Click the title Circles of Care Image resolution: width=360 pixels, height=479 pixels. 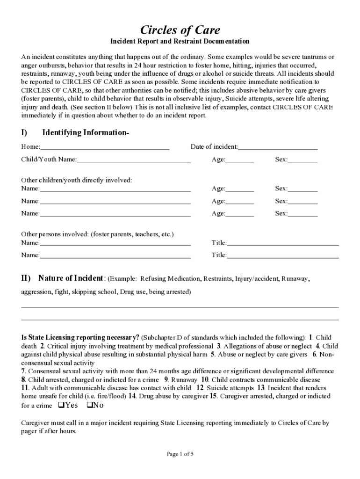(180, 30)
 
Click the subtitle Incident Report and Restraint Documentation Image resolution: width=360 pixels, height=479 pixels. (180, 42)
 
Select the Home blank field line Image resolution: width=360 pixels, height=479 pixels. (104, 147)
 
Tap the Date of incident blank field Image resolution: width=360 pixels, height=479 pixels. (278, 147)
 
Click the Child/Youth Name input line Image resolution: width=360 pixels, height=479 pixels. (134, 160)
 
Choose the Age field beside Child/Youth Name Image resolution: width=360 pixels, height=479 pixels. (240, 160)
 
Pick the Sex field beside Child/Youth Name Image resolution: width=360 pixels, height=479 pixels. (302, 160)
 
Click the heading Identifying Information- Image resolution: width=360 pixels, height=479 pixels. (86, 133)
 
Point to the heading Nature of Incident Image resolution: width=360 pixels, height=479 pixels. (71, 278)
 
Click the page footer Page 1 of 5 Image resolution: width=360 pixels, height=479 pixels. (180, 454)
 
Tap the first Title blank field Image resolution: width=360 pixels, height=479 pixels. (283, 243)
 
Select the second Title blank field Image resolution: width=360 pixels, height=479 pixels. (283, 256)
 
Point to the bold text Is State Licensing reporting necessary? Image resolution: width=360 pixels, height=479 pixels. (80, 337)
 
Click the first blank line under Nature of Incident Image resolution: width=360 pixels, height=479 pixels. (180, 307)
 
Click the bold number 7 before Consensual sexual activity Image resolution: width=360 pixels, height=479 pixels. (23, 371)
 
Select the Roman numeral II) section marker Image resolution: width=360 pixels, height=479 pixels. (26, 278)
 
